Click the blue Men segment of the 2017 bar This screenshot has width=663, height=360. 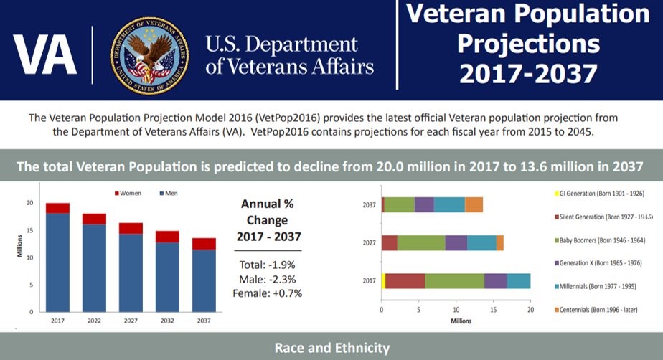click(57, 262)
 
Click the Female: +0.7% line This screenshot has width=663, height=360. click(268, 293)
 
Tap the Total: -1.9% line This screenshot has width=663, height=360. click(268, 264)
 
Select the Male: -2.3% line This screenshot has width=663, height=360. click(268, 278)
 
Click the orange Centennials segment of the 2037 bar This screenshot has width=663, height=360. click(474, 204)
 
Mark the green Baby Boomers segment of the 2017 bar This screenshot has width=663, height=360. click(454, 281)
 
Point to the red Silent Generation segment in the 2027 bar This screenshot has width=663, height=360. click(390, 243)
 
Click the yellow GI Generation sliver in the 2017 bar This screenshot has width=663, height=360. click(384, 281)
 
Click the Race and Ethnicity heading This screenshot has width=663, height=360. click(331, 349)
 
